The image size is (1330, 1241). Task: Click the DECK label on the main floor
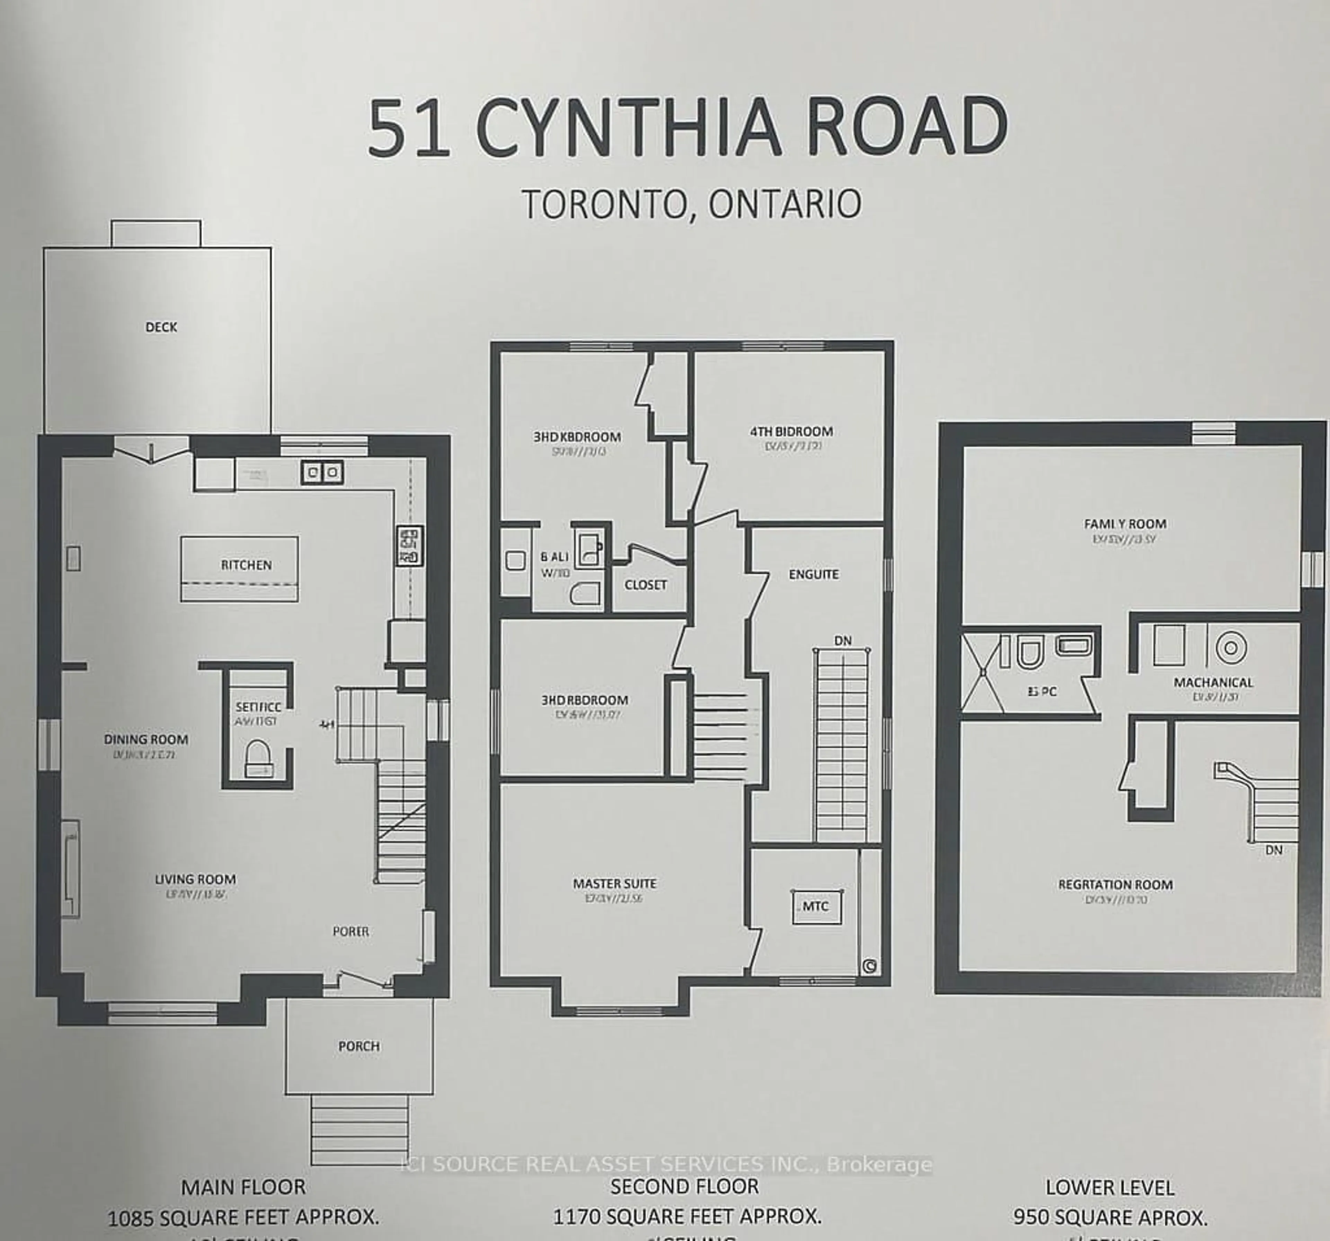click(x=161, y=327)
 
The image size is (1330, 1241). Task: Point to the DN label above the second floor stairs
click(x=843, y=640)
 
